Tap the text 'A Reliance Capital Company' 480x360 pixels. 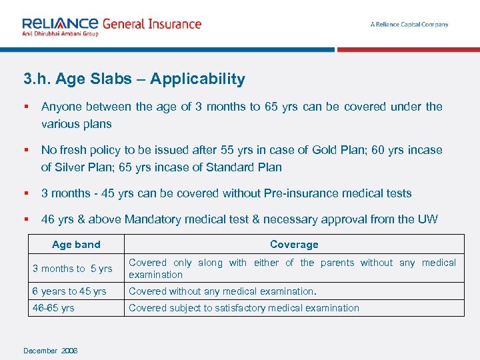409,25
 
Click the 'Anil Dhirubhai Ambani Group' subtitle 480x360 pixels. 60,33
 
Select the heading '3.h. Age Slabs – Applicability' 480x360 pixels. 134,79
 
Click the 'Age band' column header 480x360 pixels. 76,245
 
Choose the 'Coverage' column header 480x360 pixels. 294,245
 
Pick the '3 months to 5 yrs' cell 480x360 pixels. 73,269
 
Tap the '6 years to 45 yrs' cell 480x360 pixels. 69,291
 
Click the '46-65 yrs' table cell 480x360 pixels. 53,308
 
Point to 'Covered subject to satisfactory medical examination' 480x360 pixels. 243,308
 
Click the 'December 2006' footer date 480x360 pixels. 50,351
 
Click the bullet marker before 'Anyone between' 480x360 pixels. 25,107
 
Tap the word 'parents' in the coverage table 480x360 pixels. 337,263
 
